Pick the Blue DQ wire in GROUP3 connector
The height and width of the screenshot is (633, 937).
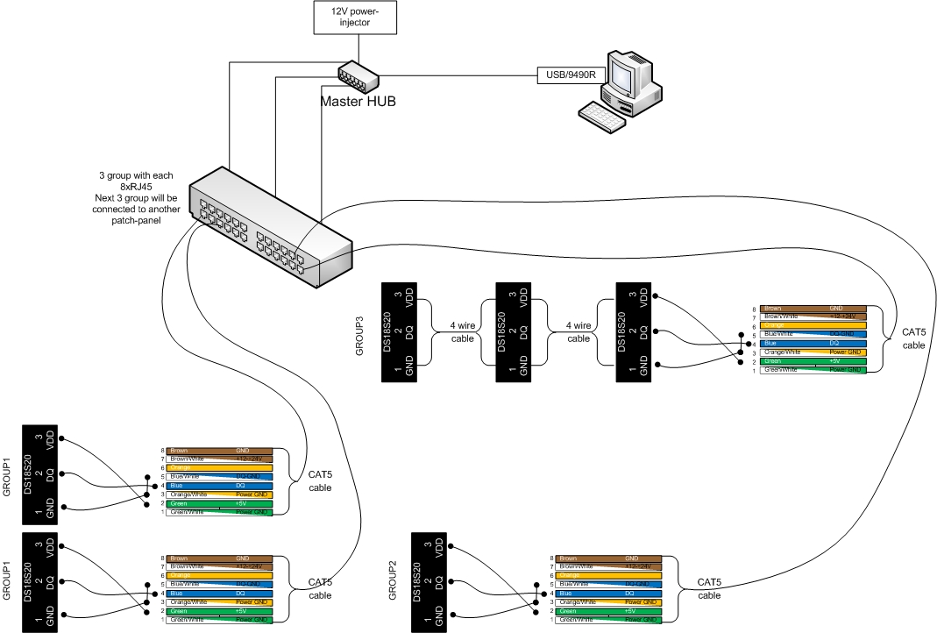click(814, 343)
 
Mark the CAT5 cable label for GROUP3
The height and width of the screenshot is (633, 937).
click(912, 339)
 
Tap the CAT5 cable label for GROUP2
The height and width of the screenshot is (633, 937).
click(709, 587)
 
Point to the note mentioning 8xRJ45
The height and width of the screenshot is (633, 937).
click(136, 197)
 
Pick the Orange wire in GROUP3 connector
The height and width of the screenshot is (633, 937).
click(814, 325)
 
